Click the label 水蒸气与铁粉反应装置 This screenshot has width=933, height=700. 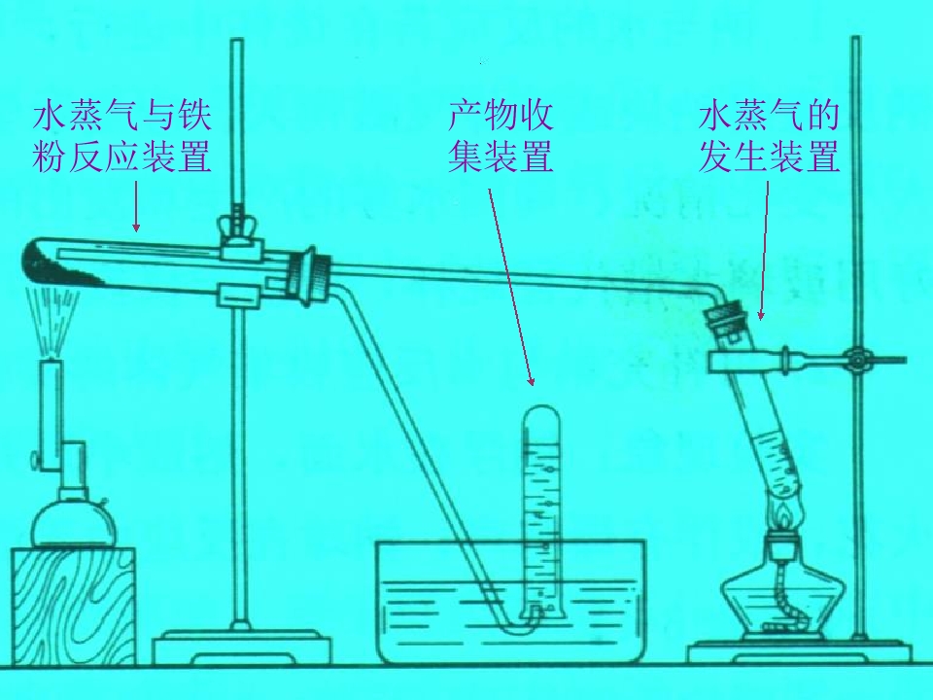click(122, 137)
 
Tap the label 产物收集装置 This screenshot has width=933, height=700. click(501, 137)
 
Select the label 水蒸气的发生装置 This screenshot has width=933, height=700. click(769, 137)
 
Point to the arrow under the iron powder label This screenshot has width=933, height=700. click(136, 206)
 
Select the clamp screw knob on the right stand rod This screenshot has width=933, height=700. click(857, 360)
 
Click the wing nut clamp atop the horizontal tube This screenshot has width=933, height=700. click(238, 227)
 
